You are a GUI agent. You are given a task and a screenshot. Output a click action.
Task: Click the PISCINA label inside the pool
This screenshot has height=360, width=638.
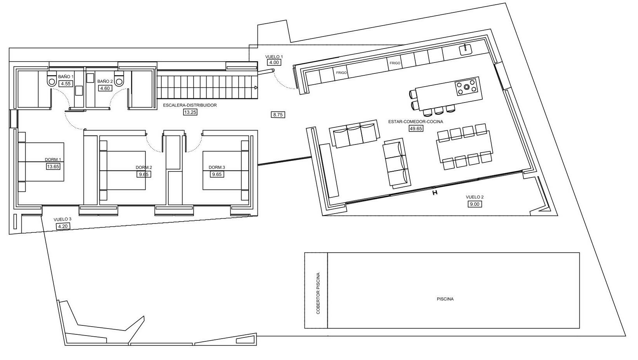(x=445, y=299)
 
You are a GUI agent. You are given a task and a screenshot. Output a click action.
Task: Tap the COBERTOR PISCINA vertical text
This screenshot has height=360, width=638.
(x=318, y=293)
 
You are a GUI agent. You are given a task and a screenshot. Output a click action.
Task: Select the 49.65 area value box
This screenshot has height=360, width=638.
(x=415, y=129)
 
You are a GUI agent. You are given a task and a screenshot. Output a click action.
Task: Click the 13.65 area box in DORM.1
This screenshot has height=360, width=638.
(x=53, y=167)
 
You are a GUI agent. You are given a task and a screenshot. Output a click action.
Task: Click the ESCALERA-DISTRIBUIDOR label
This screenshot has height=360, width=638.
(x=189, y=105)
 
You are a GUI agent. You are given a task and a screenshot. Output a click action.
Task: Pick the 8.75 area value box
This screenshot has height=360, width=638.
(x=278, y=115)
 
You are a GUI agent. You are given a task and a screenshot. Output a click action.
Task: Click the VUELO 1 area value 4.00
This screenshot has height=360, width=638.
(x=274, y=63)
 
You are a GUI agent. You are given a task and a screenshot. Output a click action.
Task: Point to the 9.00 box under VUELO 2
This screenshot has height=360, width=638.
(x=475, y=204)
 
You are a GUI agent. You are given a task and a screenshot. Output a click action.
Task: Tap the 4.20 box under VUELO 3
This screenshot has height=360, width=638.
(x=63, y=226)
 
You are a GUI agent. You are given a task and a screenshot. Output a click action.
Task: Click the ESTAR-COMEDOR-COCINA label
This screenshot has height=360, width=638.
(x=415, y=122)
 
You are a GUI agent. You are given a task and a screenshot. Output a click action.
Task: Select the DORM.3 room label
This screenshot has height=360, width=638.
(x=217, y=167)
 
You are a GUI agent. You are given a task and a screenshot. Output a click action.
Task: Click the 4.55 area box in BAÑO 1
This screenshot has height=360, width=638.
(x=66, y=84)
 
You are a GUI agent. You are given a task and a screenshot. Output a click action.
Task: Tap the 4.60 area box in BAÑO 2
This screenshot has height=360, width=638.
(x=105, y=88)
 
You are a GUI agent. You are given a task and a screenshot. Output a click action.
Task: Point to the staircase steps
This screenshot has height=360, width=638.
(x=207, y=87)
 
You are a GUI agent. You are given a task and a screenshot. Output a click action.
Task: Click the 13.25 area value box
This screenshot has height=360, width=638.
(x=190, y=112)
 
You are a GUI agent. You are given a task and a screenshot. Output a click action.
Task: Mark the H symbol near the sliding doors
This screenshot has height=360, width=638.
(x=435, y=193)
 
